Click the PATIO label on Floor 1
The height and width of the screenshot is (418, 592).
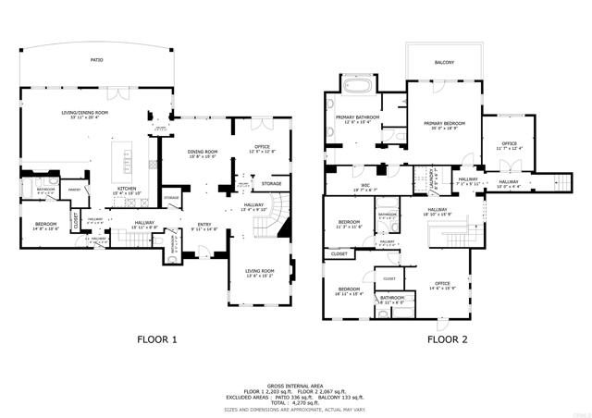tap(97, 60)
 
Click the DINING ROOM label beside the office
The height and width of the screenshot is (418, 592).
tap(203, 152)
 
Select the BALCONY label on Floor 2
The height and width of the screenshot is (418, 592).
tap(444, 63)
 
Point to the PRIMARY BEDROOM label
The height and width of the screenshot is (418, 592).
tap(444, 123)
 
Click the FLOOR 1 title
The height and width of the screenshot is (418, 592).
tap(157, 339)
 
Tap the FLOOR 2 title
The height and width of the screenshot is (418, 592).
tap(447, 339)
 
